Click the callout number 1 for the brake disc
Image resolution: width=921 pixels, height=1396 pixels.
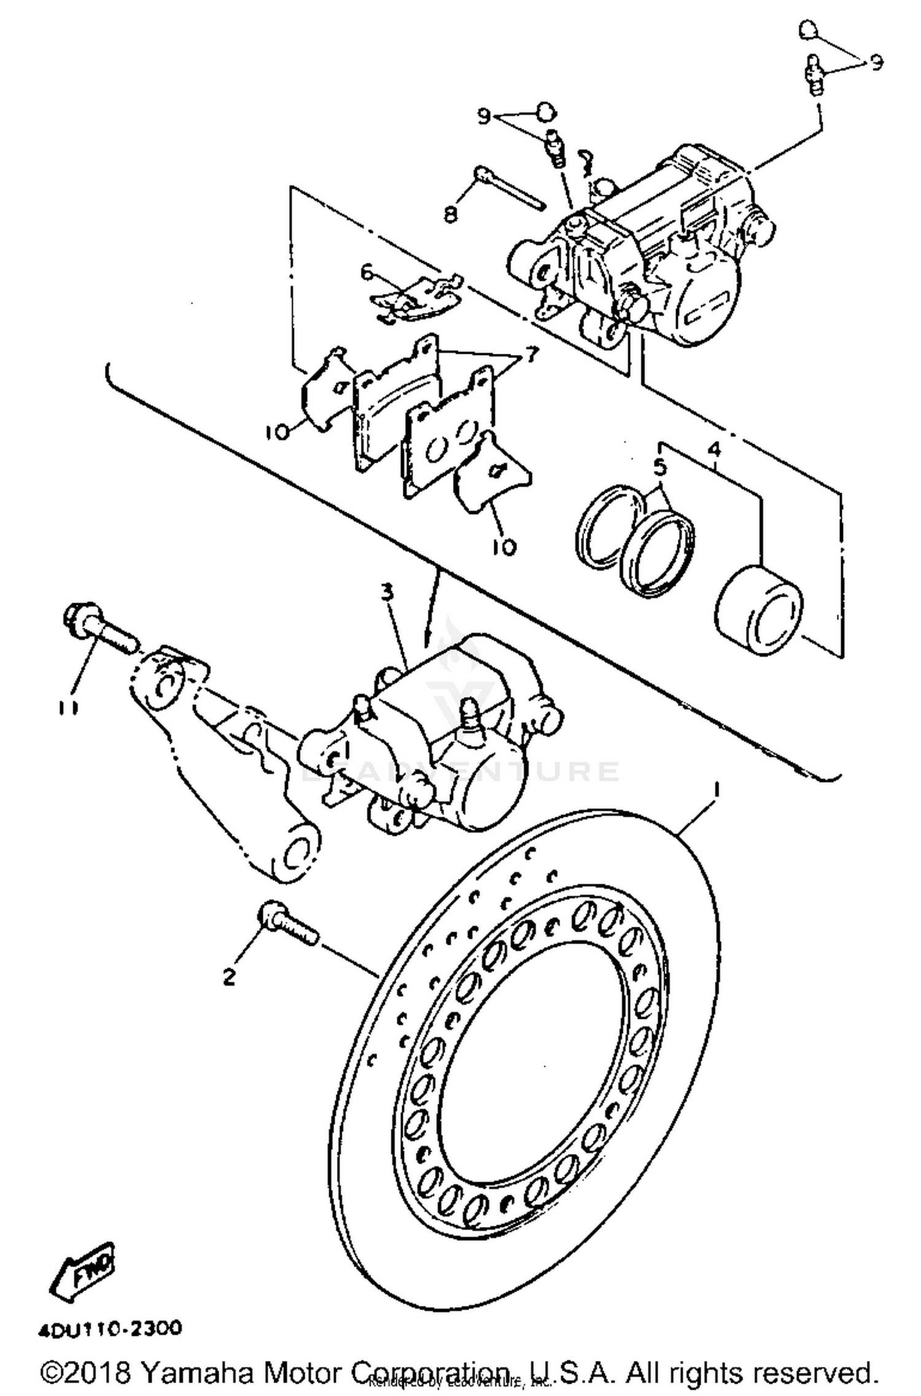[715, 787]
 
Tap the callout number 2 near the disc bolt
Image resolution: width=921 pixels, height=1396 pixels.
[229, 976]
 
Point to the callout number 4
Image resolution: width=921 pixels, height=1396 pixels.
[714, 450]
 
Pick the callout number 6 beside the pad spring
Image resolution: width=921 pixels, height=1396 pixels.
[367, 271]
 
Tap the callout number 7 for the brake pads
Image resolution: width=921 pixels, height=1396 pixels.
[529, 354]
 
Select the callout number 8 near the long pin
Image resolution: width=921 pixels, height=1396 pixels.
[450, 215]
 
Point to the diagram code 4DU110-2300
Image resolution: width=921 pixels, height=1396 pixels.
[111, 1329]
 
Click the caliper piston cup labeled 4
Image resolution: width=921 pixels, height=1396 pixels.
[759, 611]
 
